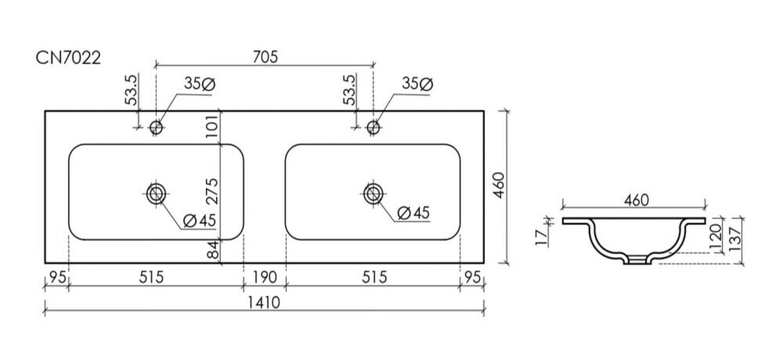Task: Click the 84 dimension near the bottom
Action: [x=212, y=251]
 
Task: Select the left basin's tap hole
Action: [x=157, y=127]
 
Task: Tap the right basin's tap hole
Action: [x=373, y=127]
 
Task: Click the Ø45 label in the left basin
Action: [x=199, y=221]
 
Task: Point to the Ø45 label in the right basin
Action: [x=413, y=212]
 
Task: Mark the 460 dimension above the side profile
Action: [x=635, y=200]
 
